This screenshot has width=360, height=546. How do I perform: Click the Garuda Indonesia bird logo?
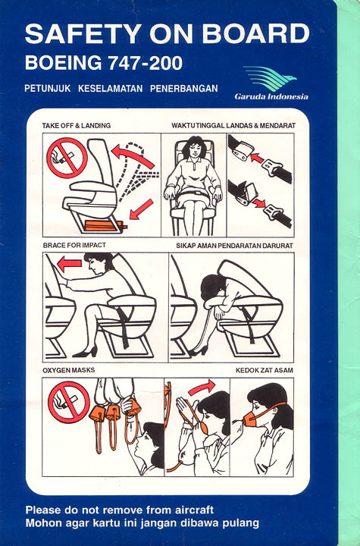(270, 78)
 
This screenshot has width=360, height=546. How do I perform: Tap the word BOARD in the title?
(255, 34)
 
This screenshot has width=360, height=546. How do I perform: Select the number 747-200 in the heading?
(146, 64)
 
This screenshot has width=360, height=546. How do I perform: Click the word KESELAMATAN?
(111, 89)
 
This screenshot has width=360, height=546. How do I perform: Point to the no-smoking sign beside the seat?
(67, 158)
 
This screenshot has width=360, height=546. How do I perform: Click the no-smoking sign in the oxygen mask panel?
(68, 402)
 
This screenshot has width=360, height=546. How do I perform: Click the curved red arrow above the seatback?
(133, 156)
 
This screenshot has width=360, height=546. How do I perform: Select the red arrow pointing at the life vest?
(141, 209)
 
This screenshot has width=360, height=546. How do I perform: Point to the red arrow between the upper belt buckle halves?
(257, 158)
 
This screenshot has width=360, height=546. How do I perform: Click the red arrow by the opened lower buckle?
(258, 202)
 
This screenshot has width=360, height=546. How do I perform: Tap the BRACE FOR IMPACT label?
(74, 245)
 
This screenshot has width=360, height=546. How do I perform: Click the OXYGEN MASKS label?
(68, 370)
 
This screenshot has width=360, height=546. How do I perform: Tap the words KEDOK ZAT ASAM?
(265, 370)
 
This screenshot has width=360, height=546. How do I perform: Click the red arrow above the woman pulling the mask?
(202, 388)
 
